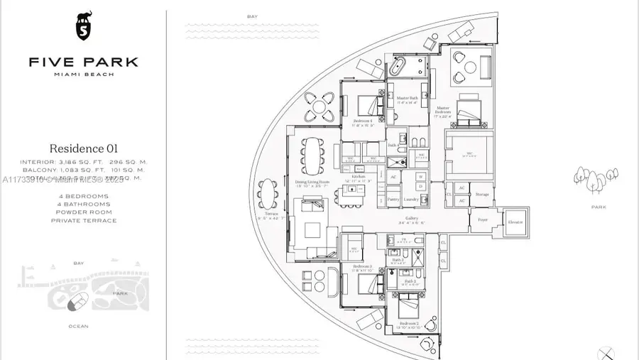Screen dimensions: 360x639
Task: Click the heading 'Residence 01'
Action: pos(83,148)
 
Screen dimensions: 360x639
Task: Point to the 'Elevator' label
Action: pos(515,222)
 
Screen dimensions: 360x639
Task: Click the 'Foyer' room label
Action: pos(483,219)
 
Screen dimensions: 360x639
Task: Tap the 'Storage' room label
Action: pos(482,194)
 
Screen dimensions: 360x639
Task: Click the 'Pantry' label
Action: pos(393,200)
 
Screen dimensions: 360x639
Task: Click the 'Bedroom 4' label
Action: pos(363,121)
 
